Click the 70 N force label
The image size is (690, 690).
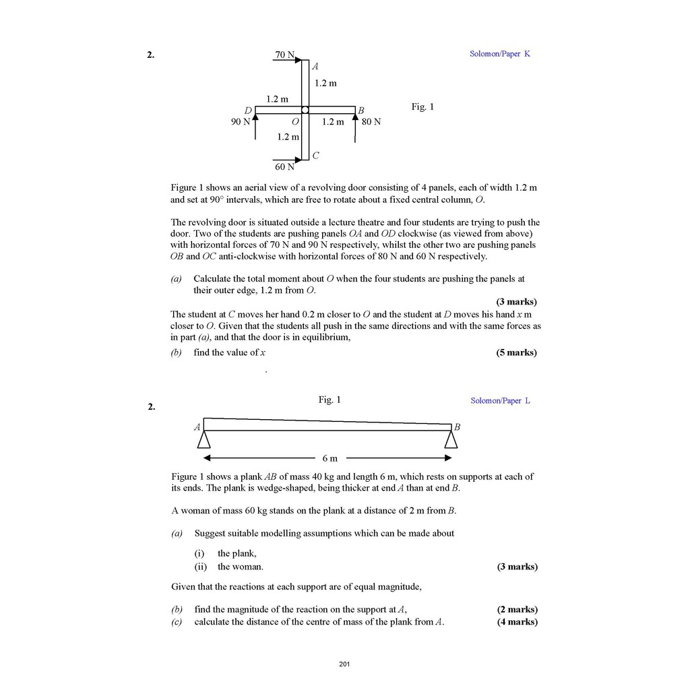pyautogui.click(x=284, y=55)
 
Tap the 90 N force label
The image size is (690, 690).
pyautogui.click(x=240, y=122)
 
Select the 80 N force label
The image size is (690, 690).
pyautogui.click(x=371, y=122)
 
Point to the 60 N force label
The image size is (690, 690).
pyautogui.click(x=284, y=166)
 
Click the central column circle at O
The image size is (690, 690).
pyautogui.click(x=305, y=110)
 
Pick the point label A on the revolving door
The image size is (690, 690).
pyautogui.click(x=315, y=66)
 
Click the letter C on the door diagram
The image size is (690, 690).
pyautogui.click(x=315, y=156)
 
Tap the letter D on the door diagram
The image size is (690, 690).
pyautogui.click(x=248, y=110)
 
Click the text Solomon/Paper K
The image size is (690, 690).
pyautogui.click(x=499, y=54)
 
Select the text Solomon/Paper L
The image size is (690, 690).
pyautogui.click(x=500, y=401)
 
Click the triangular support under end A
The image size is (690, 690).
pyautogui.click(x=203, y=439)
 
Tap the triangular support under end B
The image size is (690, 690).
pyautogui.click(x=451, y=439)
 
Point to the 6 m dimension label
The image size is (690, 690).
pyautogui.click(x=330, y=459)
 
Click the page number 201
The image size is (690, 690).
pyautogui.click(x=344, y=665)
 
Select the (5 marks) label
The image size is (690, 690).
pyautogui.click(x=516, y=352)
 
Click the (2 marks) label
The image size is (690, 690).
pyautogui.click(x=517, y=609)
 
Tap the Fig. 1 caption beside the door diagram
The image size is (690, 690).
pyautogui.click(x=422, y=106)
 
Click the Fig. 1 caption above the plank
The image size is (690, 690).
pyautogui.click(x=330, y=400)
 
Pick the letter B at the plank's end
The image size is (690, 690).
pyautogui.click(x=457, y=427)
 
